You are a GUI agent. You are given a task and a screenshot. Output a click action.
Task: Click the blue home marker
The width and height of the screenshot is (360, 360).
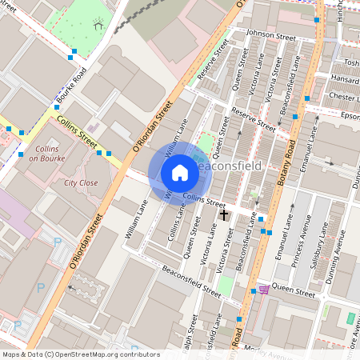click(179, 172)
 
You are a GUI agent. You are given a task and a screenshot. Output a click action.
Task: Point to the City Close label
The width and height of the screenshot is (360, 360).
click(81, 182)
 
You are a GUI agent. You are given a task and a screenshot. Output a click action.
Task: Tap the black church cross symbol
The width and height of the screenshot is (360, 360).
click(224, 214)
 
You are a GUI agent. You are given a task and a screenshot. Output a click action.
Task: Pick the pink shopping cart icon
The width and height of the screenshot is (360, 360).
click(264, 290)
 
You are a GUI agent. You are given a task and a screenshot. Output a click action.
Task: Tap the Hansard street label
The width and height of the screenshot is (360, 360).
click(345, 80)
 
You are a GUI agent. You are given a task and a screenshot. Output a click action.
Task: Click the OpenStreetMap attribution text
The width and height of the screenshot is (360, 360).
click(80, 354)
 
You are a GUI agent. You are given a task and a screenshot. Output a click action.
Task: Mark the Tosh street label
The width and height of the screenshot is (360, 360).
click(350, 62)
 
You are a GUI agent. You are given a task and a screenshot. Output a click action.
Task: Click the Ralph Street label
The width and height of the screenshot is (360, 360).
click(193, 333)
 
